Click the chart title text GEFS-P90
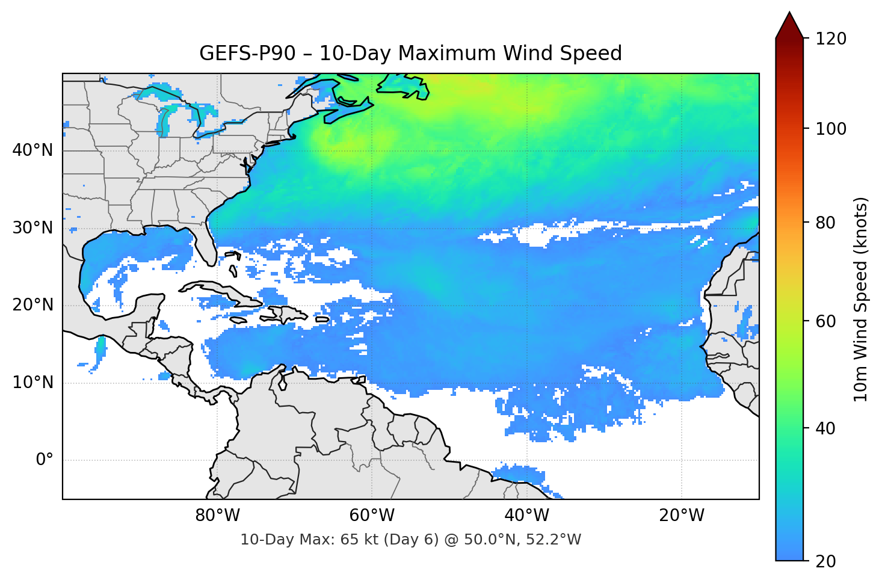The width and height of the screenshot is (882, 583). click(247, 54)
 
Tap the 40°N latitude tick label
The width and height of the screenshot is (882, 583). click(32, 150)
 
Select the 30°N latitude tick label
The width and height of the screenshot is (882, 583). click(32, 228)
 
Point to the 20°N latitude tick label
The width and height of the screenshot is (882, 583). click(32, 305)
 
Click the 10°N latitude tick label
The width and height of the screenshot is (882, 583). click(32, 383)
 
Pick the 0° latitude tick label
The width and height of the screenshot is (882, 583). click(44, 460)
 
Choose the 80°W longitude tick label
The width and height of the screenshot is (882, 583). click(217, 516)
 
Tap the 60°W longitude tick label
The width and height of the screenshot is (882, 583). click(372, 516)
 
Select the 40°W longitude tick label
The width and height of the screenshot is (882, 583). click(527, 516)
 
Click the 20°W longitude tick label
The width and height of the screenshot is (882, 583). click(682, 516)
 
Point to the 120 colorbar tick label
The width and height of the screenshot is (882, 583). click(830, 39)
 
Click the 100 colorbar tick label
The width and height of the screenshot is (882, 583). click(830, 129)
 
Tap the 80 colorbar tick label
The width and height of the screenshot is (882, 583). click(825, 223)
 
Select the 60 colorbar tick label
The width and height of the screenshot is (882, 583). click(825, 321)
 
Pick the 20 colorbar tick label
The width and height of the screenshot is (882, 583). click(825, 561)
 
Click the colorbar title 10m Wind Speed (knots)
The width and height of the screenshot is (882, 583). click(861, 299)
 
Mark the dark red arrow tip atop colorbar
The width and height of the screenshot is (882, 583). click(789, 18)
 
